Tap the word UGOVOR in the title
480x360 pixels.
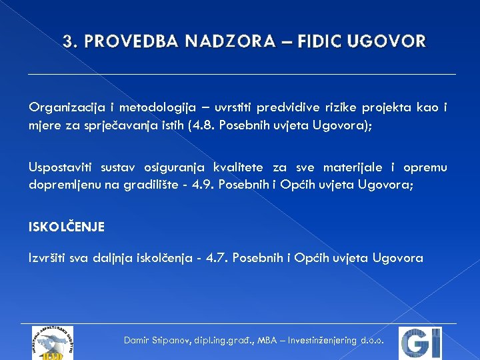coord(394,42)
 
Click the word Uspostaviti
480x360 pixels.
coord(61,168)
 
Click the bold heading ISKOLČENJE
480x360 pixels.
coord(67,227)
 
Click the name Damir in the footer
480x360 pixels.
coord(138,340)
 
